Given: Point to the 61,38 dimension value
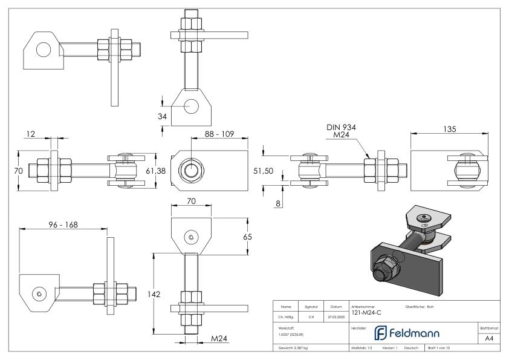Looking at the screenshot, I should tap(155, 171).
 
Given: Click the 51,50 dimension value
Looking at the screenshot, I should tap(262, 171).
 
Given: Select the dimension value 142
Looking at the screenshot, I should tap(154, 294).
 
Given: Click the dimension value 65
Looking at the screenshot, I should tap(246, 237).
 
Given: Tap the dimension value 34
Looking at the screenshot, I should tap(163, 116).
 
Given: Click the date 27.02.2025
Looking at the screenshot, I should tap(336, 316).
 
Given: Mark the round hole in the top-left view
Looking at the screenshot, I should tap(43, 49).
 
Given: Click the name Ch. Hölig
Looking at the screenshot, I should tap(286, 316).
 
